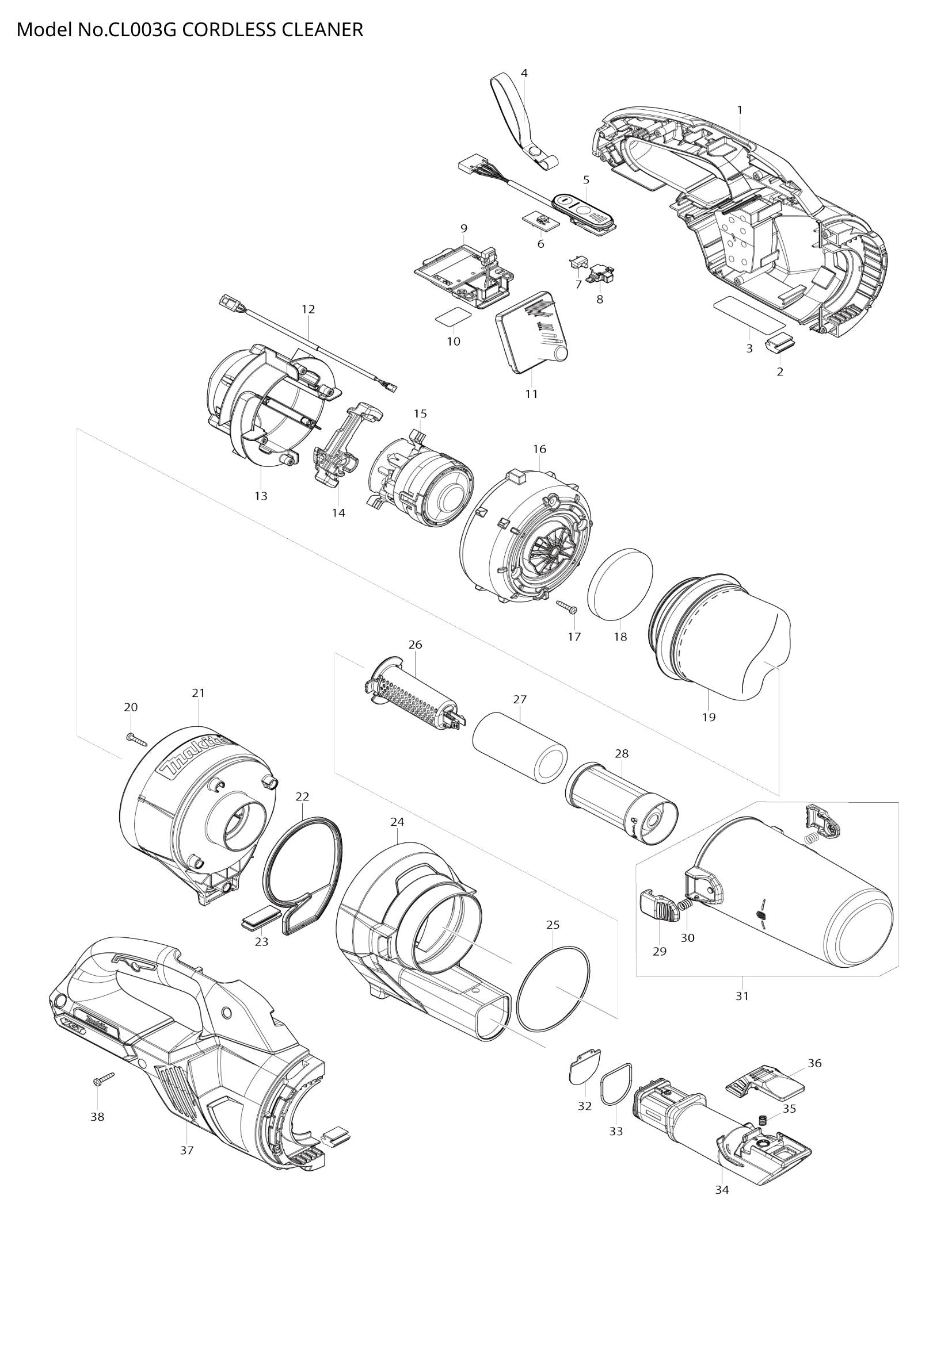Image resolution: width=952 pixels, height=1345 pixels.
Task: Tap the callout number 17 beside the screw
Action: (574, 636)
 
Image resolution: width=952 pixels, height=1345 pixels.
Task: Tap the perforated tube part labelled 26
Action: (413, 698)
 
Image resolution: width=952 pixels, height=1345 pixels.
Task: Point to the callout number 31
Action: (742, 996)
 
